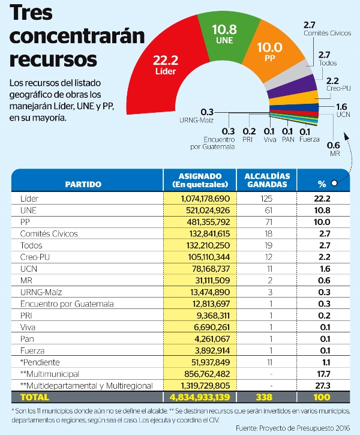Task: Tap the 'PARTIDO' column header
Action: coord(83,184)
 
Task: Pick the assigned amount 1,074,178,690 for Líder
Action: coord(201,198)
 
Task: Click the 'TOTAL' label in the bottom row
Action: coord(34,397)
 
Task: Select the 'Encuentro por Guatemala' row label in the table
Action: coord(66,304)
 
